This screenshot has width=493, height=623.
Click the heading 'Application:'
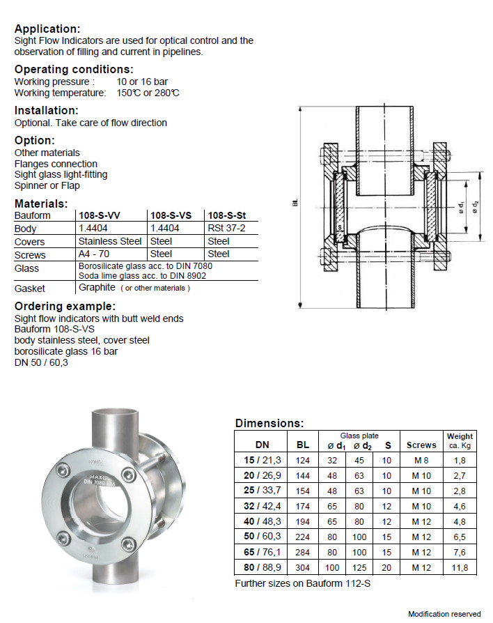coord(47,29)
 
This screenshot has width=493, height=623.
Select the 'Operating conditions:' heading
coord(74,70)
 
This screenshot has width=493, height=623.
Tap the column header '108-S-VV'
coord(100,216)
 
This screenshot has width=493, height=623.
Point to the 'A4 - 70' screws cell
coord(93,254)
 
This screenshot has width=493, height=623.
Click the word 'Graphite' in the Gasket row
coord(97,287)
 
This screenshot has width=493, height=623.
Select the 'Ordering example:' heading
coord(65,307)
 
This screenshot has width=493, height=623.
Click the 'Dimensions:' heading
coord(269,423)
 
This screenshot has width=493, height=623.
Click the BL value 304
coord(302,567)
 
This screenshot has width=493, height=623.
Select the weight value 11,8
coord(460,567)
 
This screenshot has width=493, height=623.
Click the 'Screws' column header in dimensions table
coord(421,445)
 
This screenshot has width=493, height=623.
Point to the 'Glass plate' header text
coord(359,435)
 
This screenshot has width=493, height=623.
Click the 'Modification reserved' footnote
coord(444,614)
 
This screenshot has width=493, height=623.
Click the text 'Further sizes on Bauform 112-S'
coord(302,583)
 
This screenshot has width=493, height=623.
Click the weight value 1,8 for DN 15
coord(460,460)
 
